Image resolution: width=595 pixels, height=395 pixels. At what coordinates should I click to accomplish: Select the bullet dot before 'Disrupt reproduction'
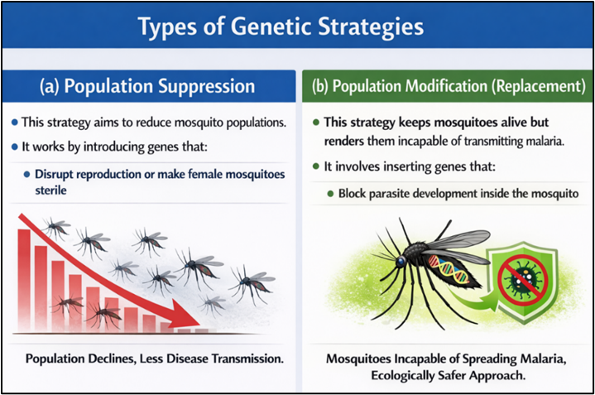click(x=27, y=175)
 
